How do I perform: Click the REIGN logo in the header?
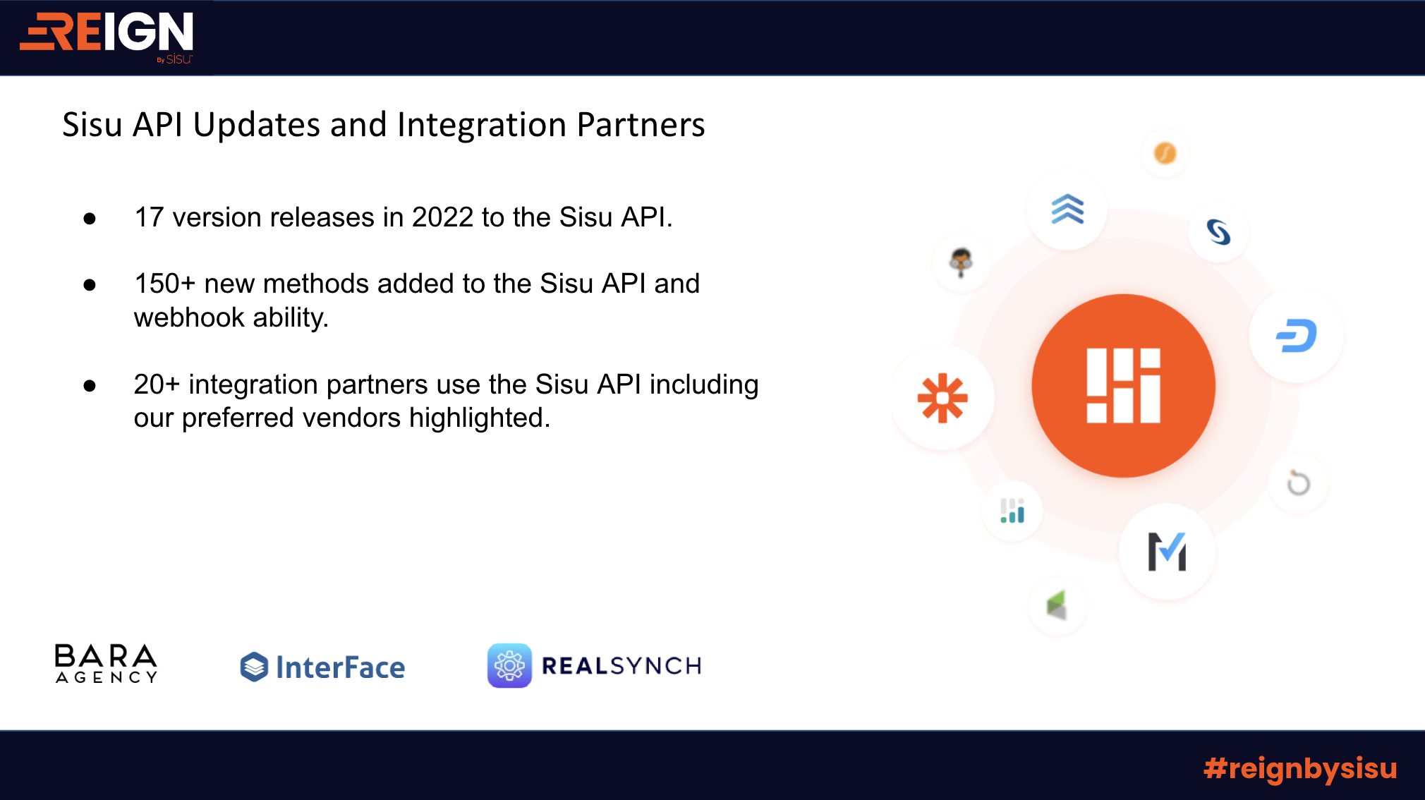pyautogui.click(x=107, y=36)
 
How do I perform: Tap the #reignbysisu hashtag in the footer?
pyautogui.click(x=1300, y=768)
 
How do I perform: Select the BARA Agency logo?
pyautogui.click(x=106, y=663)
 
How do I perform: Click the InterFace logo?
pyautogui.click(x=322, y=667)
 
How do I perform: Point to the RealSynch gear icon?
pyautogui.click(x=509, y=665)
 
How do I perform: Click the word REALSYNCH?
pyautogui.click(x=621, y=665)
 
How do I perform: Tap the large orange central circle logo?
pyautogui.click(x=1123, y=385)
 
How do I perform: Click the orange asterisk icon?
pyautogui.click(x=942, y=399)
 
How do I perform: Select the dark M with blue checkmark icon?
pyautogui.click(x=1167, y=551)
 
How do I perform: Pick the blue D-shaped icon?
pyautogui.click(x=1297, y=336)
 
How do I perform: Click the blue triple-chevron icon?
pyautogui.click(x=1067, y=210)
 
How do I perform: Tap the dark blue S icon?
pyautogui.click(x=1218, y=232)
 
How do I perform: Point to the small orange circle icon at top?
pyautogui.click(x=1165, y=152)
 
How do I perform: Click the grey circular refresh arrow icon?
pyautogui.click(x=1298, y=483)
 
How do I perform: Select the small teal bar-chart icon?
pyautogui.click(x=1012, y=511)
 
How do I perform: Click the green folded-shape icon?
pyautogui.click(x=1056, y=605)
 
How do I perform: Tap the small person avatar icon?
pyautogui.click(x=961, y=262)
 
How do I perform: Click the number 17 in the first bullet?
pyautogui.click(x=149, y=217)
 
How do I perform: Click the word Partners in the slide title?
pyautogui.click(x=641, y=125)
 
